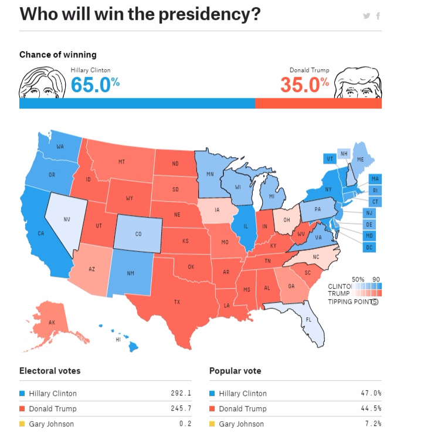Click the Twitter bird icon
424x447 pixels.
click(x=367, y=16)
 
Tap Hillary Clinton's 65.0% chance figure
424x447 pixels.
click(x=96, y=84)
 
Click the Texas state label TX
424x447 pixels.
click(x=177, y=302)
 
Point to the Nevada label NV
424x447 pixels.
click(x=67, y=219)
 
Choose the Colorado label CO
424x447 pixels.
click(x=138, y=233)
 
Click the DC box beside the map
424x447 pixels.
click(x=369, y=248)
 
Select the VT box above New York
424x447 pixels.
click(x=330, y=159)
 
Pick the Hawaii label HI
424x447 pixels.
click(x=118, y=339)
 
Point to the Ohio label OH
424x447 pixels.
click(x=287, y=220)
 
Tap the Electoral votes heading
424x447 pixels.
click(x=50, y=371)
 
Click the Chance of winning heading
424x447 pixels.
click(x=57, y=55)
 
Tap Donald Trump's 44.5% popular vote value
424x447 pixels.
click(x=371, y=409)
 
